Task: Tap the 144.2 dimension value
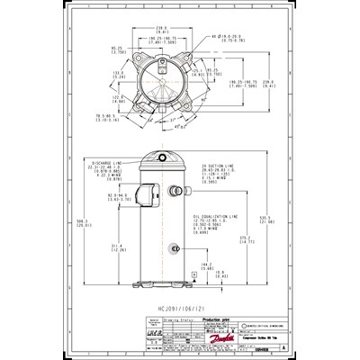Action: coord(206,265)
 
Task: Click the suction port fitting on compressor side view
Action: coord(192,191)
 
